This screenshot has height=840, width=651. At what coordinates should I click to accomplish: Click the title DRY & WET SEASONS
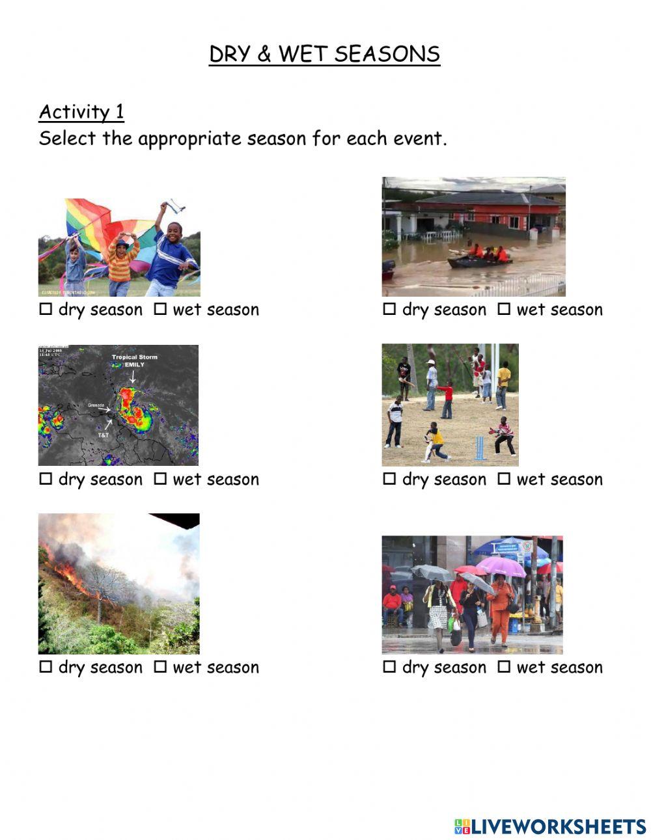click(324, 54)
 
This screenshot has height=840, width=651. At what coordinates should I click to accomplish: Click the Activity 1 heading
click(81, 112)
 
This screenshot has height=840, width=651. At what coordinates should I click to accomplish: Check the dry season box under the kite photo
click(46, 310)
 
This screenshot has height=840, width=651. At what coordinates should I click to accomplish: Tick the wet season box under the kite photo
click(160, 310)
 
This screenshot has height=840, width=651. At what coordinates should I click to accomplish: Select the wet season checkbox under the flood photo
click(504, 310)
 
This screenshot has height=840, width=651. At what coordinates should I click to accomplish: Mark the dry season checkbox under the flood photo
click(389, 310)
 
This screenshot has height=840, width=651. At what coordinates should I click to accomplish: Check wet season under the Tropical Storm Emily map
click(160, 480)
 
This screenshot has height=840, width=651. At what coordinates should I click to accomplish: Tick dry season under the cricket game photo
click(389, 480)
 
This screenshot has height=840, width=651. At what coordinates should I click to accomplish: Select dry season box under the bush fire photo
click(46, 667)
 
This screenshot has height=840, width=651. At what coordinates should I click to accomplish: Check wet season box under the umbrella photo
click(504, 667)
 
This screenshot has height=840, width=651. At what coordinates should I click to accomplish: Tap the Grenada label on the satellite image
click(96, 405)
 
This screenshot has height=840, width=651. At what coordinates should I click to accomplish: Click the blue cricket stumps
click(480, 448)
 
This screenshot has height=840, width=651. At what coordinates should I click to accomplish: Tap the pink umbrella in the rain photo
click(500, 565)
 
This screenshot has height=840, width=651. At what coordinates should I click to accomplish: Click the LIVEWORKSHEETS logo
click(550, 826)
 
